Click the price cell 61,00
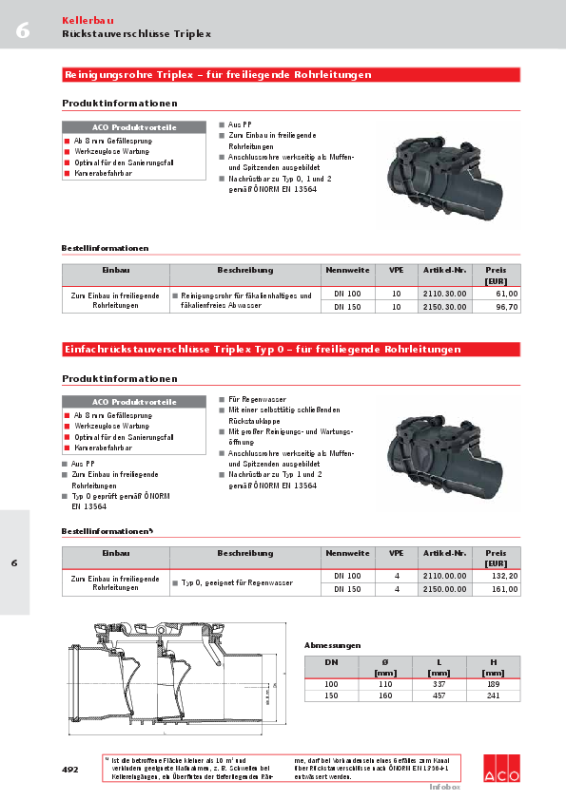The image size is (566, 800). coord(506,295)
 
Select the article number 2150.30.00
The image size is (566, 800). coord(444,307)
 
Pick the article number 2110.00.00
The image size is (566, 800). coord(444,577)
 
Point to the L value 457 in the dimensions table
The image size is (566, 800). coord(439,695)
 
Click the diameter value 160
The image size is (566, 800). coord(385,695)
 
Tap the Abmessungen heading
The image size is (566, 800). coord(332,645)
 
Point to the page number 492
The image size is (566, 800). coord(70,768)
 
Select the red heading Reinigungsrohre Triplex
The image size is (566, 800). coord(218,74)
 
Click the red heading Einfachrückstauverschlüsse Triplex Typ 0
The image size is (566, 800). coord(262,350)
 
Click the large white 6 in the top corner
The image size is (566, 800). coord(22,29)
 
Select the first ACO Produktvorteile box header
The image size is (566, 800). coord(134,127)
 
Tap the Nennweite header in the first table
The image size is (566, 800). coord(347,271)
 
